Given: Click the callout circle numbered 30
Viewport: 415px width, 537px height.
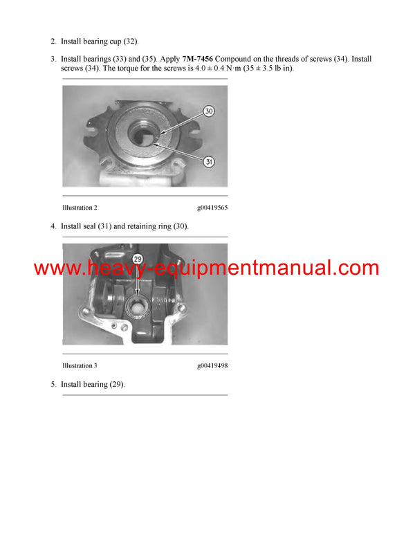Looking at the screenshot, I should tap(208, 111).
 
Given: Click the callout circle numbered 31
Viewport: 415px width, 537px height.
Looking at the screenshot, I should tap(209, 161).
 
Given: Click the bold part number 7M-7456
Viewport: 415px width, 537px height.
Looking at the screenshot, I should tap(197, 60).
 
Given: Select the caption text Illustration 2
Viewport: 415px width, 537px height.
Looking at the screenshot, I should tap(80, 208).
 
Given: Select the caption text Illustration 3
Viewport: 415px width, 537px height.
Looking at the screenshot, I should tap(80, 365).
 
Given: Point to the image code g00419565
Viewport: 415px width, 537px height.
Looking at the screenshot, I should tap(212, 208).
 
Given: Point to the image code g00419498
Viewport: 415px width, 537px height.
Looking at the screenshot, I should tap(212, 365).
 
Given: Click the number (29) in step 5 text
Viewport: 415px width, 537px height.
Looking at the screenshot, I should tap(116, 384).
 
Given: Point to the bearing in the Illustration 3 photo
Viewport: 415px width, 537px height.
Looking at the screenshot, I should tap(138, 300).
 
